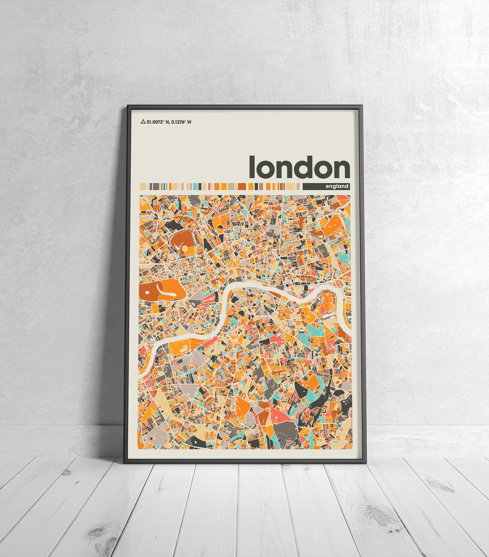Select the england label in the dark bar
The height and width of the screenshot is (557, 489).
(x=337, y=186)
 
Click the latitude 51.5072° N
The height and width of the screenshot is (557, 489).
(x=157, y=122)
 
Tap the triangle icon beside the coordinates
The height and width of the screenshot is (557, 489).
(x=143, y=122)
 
